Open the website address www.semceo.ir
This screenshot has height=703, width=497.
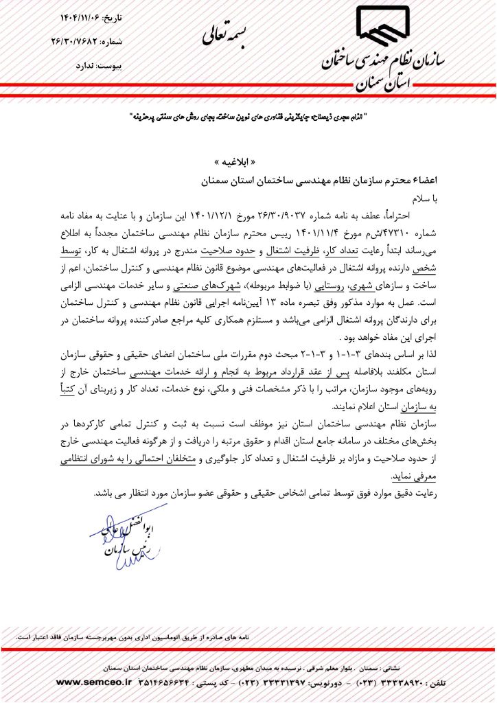click(x=89, y=682)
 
